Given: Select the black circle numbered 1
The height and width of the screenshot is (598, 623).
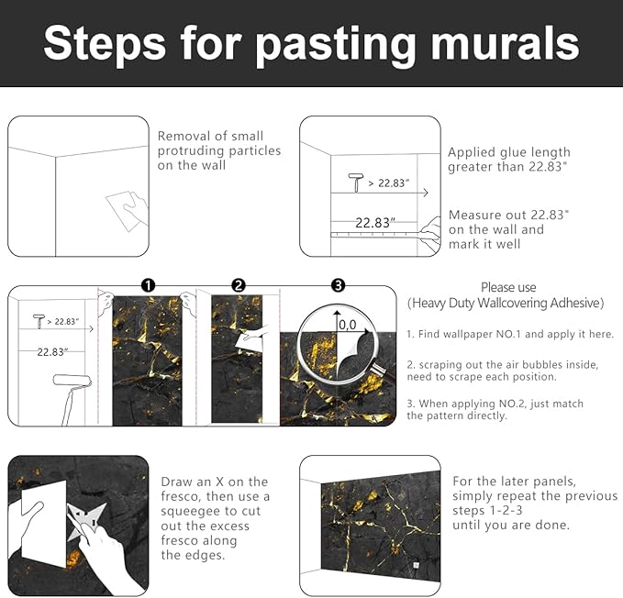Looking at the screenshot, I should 148,286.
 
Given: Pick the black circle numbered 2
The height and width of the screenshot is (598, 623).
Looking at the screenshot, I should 239,286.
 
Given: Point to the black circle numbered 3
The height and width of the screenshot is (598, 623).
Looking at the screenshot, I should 338,286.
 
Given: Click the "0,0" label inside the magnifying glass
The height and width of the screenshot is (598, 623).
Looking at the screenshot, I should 348,324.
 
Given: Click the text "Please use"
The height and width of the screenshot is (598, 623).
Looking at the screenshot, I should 507,287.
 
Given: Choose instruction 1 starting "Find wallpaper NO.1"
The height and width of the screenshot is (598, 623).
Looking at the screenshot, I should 509,335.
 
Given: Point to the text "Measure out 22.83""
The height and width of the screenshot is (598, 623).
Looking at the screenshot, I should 508,215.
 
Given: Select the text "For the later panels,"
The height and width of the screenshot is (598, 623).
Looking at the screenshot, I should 515,481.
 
